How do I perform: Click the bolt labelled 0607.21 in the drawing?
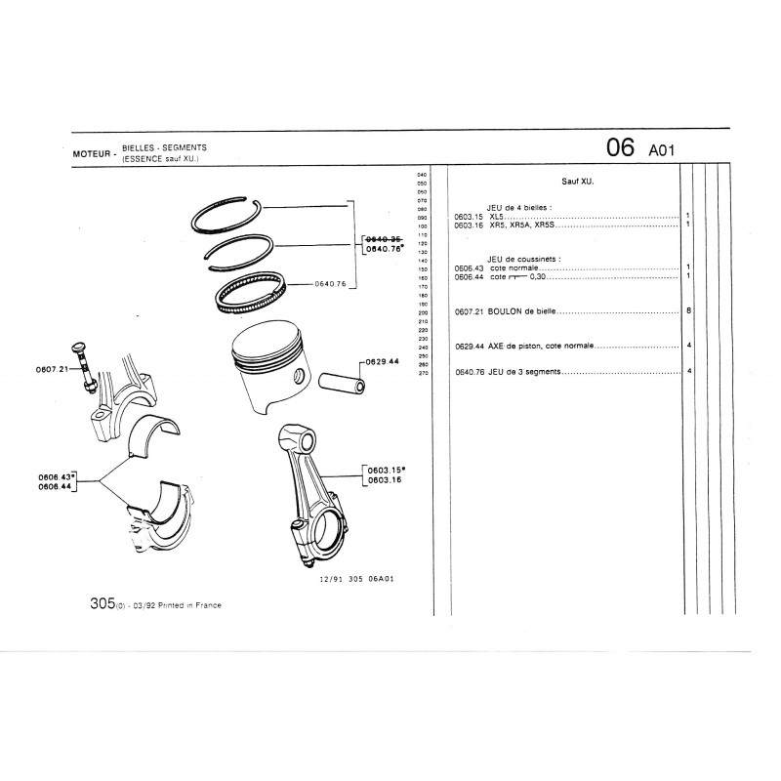pyautogui.click(x=82, y=367)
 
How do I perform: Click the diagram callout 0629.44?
pyautogui.click(x=382, y=361)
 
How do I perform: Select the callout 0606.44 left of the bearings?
pyautogui.click(x=58, y=485)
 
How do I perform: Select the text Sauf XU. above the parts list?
pyautogui.click(x=578, y=182)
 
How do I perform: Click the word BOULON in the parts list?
pyautogui.click(x=508, y=312)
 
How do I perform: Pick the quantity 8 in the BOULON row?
pyautogui.click(x=688, y=311)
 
